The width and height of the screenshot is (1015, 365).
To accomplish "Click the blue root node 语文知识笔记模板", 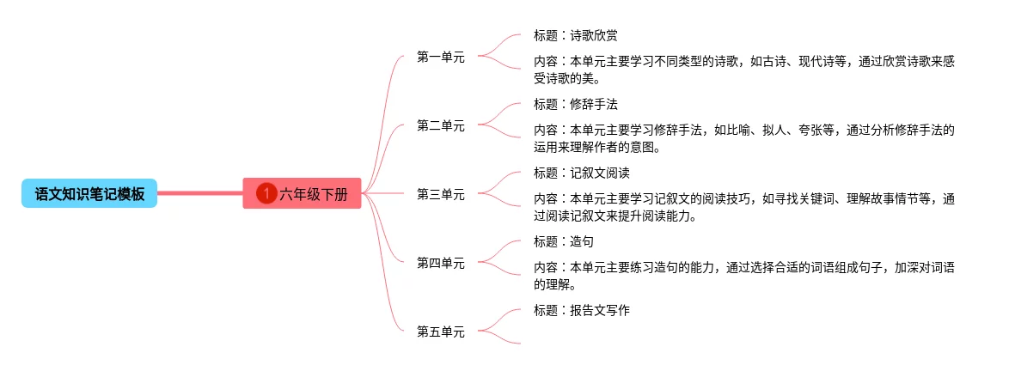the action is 89,194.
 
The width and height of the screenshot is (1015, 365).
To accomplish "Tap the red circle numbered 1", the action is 266,194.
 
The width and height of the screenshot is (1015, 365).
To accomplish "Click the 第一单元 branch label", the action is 440,57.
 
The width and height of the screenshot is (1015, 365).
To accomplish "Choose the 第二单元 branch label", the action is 440,125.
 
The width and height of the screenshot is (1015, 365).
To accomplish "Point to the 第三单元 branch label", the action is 440,194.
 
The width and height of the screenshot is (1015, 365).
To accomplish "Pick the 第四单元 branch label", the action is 440,263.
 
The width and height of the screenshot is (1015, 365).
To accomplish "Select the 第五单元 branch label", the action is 440,332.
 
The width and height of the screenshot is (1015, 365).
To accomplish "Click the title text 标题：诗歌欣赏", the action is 575,36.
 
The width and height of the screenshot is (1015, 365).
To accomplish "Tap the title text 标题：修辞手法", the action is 575,105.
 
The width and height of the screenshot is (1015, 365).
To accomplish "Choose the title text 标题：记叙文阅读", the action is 581,173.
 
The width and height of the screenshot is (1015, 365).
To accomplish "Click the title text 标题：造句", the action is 563,241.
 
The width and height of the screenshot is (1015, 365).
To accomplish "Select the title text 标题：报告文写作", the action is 581,310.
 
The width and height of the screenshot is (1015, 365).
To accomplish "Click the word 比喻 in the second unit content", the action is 743,131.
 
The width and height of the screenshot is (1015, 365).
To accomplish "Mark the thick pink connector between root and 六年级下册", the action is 199,194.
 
